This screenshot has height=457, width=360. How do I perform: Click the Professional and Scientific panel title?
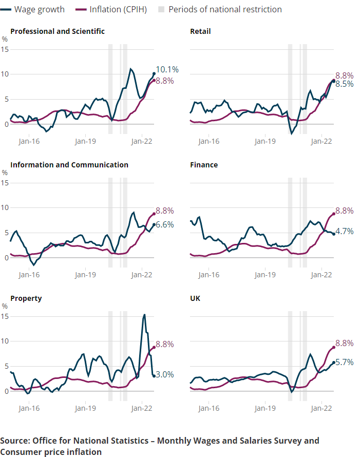[58, 31]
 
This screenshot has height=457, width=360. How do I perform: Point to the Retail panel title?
[200, 31]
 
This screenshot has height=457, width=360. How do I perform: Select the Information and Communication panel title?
[69, 165]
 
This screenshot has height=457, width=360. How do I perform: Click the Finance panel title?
[204, 165]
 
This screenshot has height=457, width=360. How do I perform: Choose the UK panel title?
[195, 298]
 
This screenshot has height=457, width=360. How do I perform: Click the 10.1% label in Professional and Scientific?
[167, 69]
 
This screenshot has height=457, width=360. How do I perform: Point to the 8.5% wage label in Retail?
[344, 84]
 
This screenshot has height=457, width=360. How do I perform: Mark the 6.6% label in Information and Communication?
[164, 224]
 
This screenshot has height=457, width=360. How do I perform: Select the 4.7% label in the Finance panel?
[344, 232]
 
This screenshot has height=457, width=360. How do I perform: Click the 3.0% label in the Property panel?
[164, 375]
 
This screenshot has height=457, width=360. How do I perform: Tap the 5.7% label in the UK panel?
[344, 362]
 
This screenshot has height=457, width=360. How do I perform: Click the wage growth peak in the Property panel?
[144, 315]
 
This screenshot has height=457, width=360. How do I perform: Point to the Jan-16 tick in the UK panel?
[209, 408]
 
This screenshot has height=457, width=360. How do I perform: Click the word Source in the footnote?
[14, 441]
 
